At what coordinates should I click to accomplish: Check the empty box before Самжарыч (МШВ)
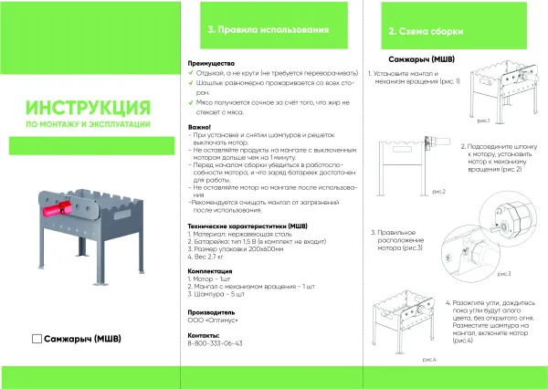click(x=37, y=339)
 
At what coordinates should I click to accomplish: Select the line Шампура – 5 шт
click(x=219, y=296)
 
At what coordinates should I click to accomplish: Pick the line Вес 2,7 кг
click(x=208, y=257)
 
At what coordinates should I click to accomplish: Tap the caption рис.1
click(x=484, y=121)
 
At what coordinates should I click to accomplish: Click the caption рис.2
click(x=437, y=192)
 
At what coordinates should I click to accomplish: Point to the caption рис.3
click(x=503, y=273)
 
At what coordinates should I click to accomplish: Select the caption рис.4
click(x=429, y=360)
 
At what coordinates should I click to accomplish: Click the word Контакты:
click(x=205, y=335)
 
